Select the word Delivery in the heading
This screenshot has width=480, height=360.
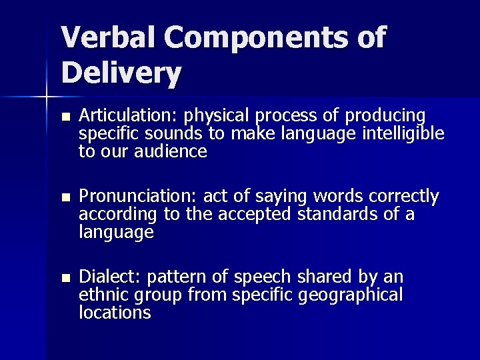(121, 73)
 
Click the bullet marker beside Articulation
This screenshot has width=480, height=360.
(64, 116)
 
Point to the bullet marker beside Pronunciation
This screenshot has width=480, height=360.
(64, 197)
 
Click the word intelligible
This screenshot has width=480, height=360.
(403, 133)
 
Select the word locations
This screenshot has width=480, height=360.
(115, 313)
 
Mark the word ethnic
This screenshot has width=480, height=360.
(104, 295)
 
